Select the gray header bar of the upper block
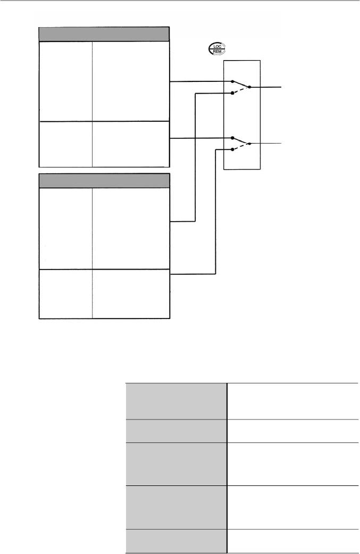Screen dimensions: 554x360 (105, 34)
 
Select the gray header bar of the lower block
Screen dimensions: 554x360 (105, 180)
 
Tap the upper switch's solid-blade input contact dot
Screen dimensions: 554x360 (232, 82)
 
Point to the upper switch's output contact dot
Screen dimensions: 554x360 (250, 87)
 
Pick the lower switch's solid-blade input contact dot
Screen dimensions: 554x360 (232, 138)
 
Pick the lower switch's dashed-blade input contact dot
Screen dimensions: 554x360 (232, 149)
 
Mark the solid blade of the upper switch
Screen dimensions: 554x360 (241, 84)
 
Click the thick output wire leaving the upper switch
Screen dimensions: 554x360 (269, 87)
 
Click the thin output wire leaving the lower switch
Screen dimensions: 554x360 (269, 144)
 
